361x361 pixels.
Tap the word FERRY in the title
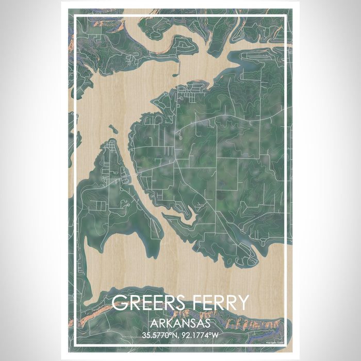pyautogui.click(x=219, y=303)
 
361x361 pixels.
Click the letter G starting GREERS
pyautogui.click(x=119, y=303)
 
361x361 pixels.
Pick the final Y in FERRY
pyautogui.click(x=242, y=303)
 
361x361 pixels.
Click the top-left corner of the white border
pyautogui.click(x=75, y=16)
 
